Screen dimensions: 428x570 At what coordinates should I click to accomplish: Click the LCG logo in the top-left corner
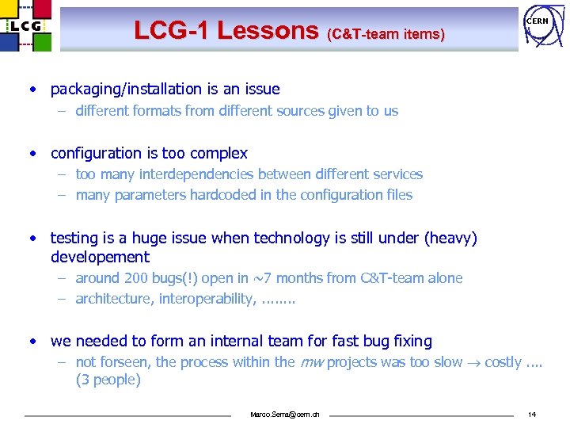tap(26, 25)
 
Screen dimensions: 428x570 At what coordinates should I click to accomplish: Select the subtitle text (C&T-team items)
tap(386, 34)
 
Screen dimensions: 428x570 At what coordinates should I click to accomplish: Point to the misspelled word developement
tap(100, 257)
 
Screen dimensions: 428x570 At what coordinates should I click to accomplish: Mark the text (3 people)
tap(108, 380)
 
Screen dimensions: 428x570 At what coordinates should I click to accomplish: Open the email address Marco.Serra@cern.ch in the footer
tap(284, 415)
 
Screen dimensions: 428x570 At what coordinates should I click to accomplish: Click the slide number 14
tap(531, 415)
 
